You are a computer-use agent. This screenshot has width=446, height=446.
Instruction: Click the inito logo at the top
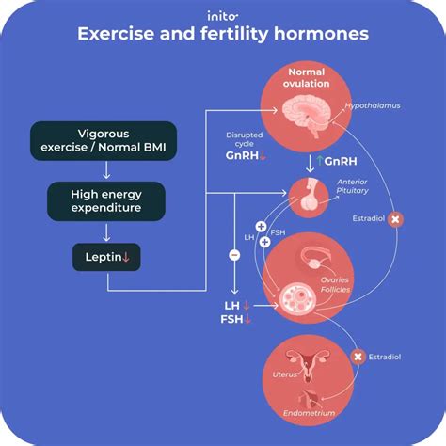222,16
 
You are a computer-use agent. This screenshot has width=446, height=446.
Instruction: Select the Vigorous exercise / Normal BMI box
104,141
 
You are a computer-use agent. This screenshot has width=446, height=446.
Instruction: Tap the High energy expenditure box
106,201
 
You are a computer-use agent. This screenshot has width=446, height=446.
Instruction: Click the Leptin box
106,257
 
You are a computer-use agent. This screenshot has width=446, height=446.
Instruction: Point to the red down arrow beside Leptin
126,257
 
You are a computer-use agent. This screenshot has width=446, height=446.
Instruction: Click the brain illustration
307,116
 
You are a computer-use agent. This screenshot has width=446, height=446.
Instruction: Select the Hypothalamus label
373,105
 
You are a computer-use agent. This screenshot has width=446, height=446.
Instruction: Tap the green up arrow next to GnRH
320,161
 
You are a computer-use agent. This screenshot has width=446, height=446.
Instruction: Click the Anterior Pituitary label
352,186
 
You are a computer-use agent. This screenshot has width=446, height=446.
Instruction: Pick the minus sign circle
234,255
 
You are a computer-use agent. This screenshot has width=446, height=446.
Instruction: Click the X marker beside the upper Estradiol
395,219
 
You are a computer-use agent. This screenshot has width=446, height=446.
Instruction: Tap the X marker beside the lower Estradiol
358,357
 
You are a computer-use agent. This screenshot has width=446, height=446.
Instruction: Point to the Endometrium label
309,413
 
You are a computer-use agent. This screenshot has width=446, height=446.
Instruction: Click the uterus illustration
308,366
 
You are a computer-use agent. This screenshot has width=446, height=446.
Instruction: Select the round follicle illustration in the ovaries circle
297,298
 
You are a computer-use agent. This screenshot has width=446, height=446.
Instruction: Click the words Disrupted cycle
245,139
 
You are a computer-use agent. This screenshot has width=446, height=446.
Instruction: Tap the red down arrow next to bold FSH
247,319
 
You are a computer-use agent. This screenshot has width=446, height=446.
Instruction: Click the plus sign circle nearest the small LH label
261,226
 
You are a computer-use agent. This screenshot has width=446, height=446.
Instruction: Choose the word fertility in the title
234,34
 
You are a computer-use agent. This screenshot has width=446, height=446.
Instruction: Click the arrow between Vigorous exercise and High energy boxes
106,170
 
